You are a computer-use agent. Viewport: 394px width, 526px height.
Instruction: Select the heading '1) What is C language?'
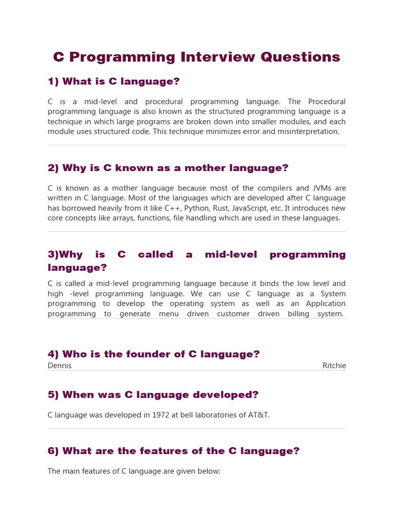(x=113, y=82)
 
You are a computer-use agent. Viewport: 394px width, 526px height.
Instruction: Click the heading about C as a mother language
(x=168, y=168)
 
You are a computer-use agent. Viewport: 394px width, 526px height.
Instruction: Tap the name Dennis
(x=60, y=366)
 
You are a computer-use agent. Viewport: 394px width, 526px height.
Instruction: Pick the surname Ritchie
(x=334, y=366)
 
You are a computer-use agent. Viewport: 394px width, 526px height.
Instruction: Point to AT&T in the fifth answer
(x=258, y=415)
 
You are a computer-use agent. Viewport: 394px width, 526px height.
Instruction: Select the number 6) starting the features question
(x=54, y=451)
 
